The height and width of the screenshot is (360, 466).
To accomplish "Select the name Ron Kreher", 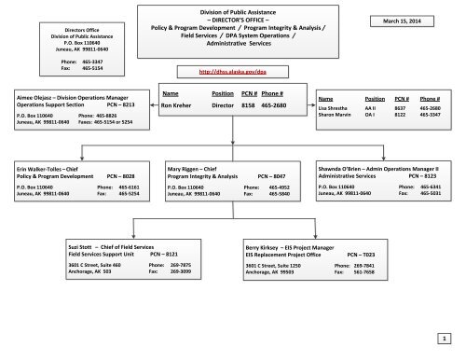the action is click(177, 105).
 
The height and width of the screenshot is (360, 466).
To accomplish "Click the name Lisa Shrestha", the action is click(335, 105).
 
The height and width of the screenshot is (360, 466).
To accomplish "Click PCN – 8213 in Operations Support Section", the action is click(127, 105).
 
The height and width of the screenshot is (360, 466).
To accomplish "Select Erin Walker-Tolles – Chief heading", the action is click(48, 169).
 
